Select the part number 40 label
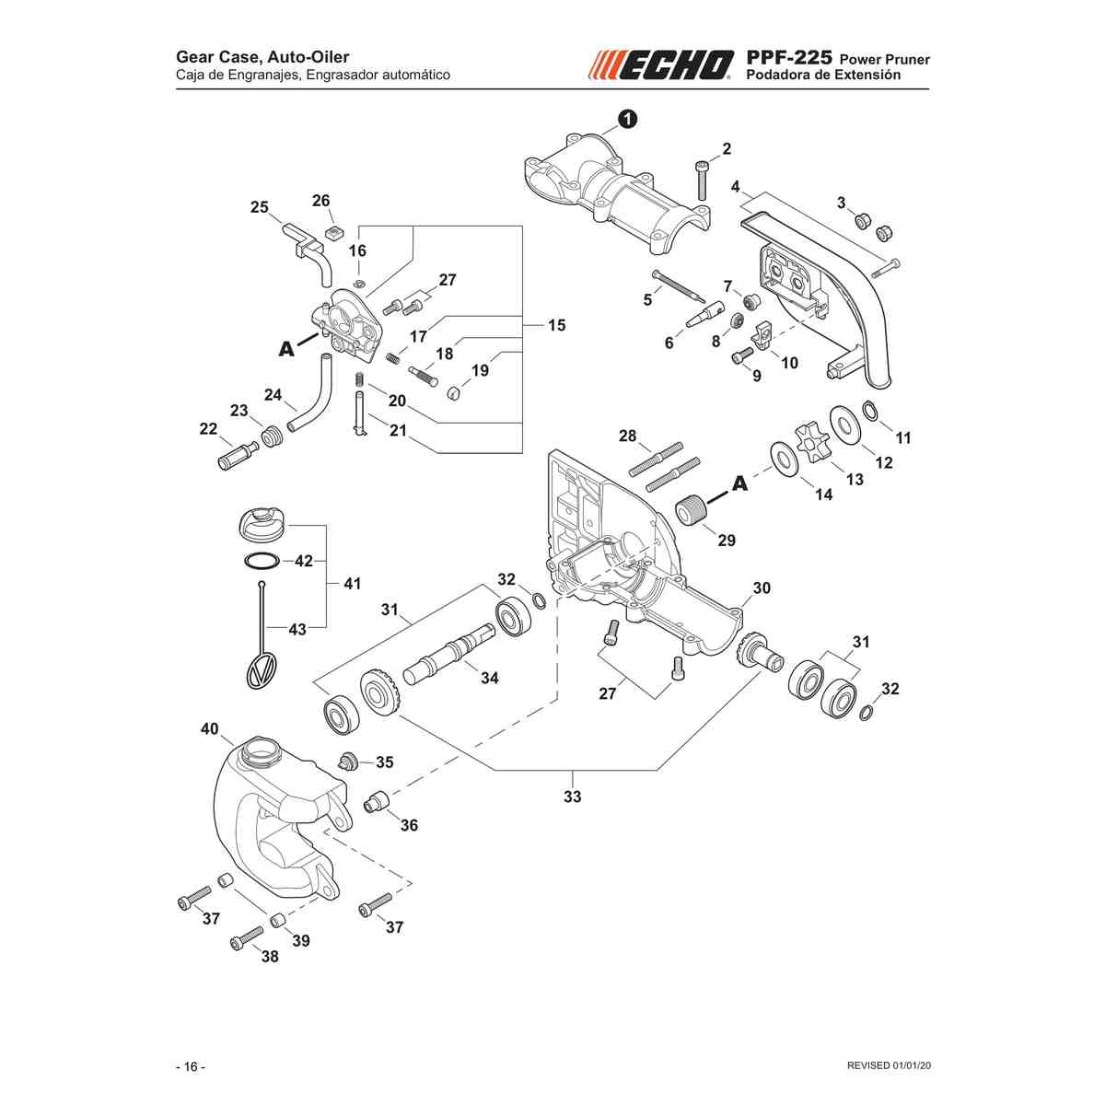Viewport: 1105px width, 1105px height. [209, 727]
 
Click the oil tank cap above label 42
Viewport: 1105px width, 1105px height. [261, 522]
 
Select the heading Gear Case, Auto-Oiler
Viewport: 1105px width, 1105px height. [262, 57]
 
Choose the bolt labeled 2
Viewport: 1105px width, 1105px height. [703, 180]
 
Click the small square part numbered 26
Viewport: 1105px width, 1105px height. [333, 233]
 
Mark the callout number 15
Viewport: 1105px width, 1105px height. [556, 325]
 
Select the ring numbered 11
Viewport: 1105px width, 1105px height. [868, 410]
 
